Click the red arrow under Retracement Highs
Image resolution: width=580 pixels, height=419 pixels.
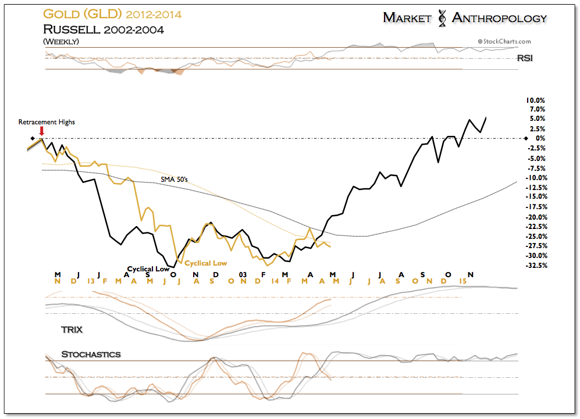pos(42,131)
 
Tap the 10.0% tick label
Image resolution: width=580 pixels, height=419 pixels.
pos(535,101)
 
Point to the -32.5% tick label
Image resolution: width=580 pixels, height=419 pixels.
pos(536,266)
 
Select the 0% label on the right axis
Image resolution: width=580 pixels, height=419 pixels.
pos(540,138)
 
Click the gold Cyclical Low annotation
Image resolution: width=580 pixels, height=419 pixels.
pos(206,263)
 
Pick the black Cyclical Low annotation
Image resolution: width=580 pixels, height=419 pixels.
pos(148,269)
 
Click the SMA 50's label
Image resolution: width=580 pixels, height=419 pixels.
pos(174,180)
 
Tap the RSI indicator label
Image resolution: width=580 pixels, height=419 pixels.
pos(525,58)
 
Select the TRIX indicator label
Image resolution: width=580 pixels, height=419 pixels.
pos(72,330)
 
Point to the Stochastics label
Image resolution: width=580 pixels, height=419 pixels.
pos(91,354)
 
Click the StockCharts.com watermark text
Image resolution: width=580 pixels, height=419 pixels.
pos(504,41)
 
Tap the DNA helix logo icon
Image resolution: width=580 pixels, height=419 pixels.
pos(442,18)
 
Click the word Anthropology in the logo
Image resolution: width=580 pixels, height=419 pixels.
pos(499,18)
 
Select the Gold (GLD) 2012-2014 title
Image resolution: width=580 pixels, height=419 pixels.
pos(112,15)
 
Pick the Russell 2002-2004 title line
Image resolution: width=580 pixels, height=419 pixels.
pos(104,30)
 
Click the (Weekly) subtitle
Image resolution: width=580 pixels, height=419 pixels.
pos(61,41)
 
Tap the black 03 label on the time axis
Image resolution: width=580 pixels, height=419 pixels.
pos(243,274)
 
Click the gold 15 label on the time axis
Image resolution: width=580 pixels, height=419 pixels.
pos(462,281)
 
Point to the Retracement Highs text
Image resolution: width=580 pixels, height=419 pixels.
pos(47,122)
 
